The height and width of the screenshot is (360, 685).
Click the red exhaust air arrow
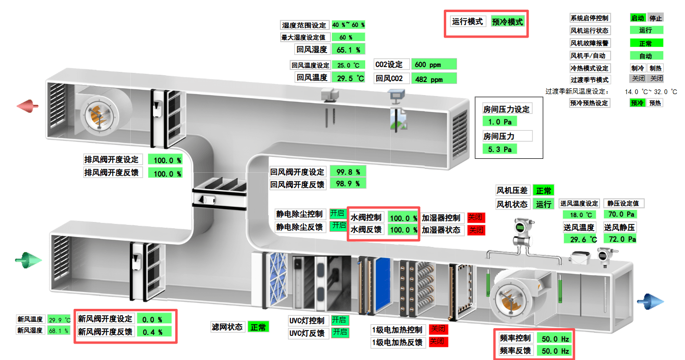tap(28, 106)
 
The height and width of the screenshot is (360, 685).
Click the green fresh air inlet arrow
tap(28, 261)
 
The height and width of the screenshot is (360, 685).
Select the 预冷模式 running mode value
tap(507, 22)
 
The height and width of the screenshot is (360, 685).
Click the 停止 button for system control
tap(656, 18)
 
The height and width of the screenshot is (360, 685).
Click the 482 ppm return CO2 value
tap(434, 79)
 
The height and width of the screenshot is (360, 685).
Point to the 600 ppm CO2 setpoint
tap(434, 65)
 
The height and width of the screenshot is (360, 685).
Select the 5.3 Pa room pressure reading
tap(500, 149)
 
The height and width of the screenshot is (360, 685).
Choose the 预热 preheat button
tap(655, 103)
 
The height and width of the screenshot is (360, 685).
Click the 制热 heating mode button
tap(656, 68)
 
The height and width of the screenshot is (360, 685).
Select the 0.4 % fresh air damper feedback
tap(154, 332)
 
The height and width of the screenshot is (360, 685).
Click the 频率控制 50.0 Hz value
tap(555, 338)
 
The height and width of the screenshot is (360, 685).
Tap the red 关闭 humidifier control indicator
tap(476, 218)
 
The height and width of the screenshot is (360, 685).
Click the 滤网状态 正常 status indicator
tap(259, 327)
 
